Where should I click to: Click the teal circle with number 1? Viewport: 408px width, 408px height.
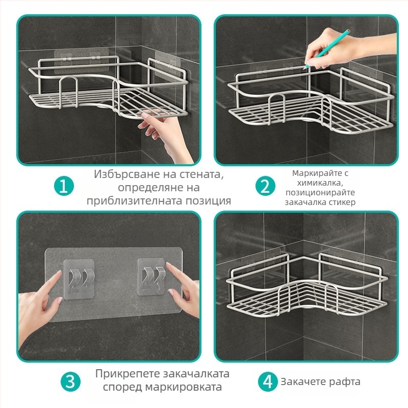(64, 186)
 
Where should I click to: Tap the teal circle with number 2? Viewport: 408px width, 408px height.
(265, 186)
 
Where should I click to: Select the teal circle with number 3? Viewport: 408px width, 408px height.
(70, 381)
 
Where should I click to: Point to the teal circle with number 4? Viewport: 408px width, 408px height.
(268, 381)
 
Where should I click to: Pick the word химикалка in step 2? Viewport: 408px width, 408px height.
(320, 183)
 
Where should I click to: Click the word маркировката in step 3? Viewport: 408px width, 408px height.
(184, 387)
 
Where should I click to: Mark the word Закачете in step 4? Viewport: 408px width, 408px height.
(303, 381)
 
